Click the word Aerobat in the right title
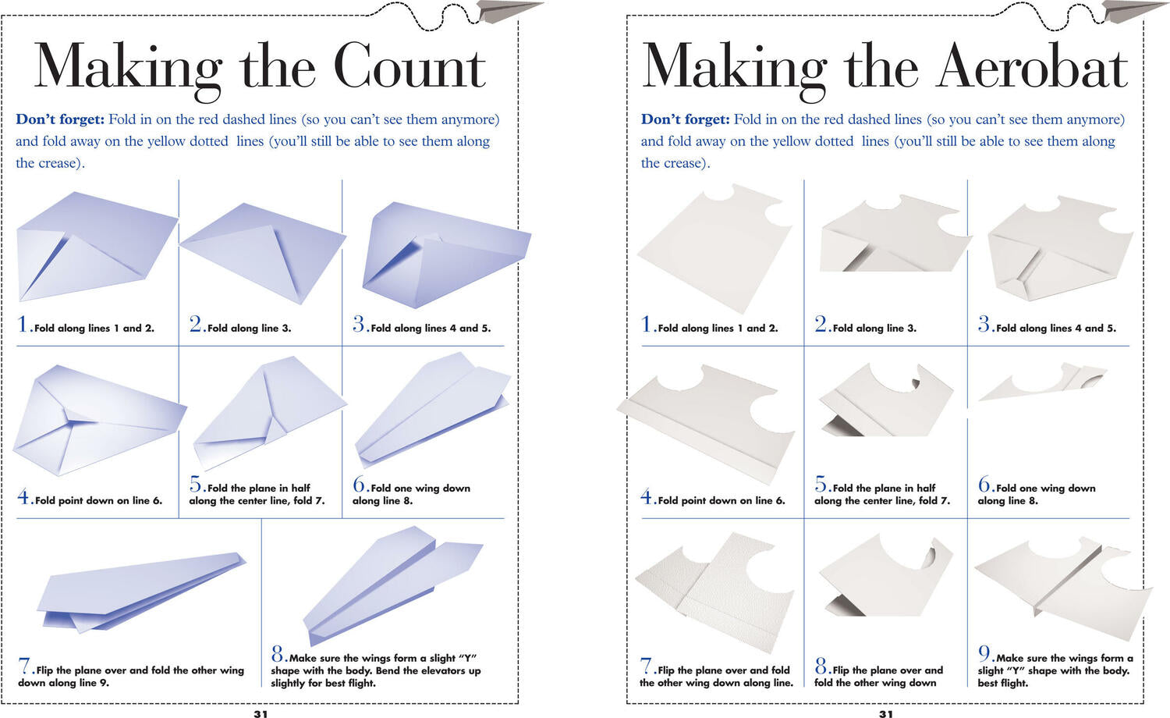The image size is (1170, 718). tap(1032, 66)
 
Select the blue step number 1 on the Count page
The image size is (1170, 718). tap(23, 323)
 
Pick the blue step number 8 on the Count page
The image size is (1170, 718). tap(278, 654)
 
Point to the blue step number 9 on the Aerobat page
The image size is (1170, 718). tap(984, 654)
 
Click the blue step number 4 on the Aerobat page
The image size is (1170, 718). tap(647, 496)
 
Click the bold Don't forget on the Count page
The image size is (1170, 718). tap(60, 119)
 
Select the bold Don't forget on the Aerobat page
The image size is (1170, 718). tap(686, 119)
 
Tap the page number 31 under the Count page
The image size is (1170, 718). tap(261, 713)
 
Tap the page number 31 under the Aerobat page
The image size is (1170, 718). tap(886, 713)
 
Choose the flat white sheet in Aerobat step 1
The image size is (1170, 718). tap(714, 249)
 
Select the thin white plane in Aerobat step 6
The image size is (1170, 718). tap(1042, 382)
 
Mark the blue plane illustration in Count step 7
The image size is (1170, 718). tap(141, 592)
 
